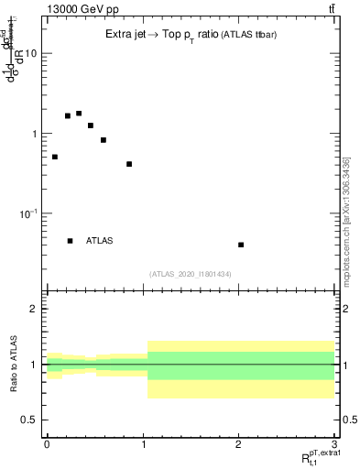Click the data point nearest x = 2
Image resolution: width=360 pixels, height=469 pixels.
241,245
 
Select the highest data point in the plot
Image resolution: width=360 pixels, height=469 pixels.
79,114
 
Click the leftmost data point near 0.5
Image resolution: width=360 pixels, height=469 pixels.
55,157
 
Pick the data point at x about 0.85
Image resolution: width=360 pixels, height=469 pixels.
129,164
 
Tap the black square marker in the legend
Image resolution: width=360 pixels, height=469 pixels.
71,241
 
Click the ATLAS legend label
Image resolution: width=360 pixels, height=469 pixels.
100,241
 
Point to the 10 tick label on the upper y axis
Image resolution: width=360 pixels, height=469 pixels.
31,53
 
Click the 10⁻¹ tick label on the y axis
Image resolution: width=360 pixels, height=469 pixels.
29,213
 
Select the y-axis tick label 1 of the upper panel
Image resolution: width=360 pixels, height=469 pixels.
35,134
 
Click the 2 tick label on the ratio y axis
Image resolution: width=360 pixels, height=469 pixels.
35,309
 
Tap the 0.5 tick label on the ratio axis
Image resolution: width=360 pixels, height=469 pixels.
29,420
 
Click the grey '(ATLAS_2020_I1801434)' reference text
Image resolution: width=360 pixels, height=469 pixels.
190,274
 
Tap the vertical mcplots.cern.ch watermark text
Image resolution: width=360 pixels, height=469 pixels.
346,220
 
